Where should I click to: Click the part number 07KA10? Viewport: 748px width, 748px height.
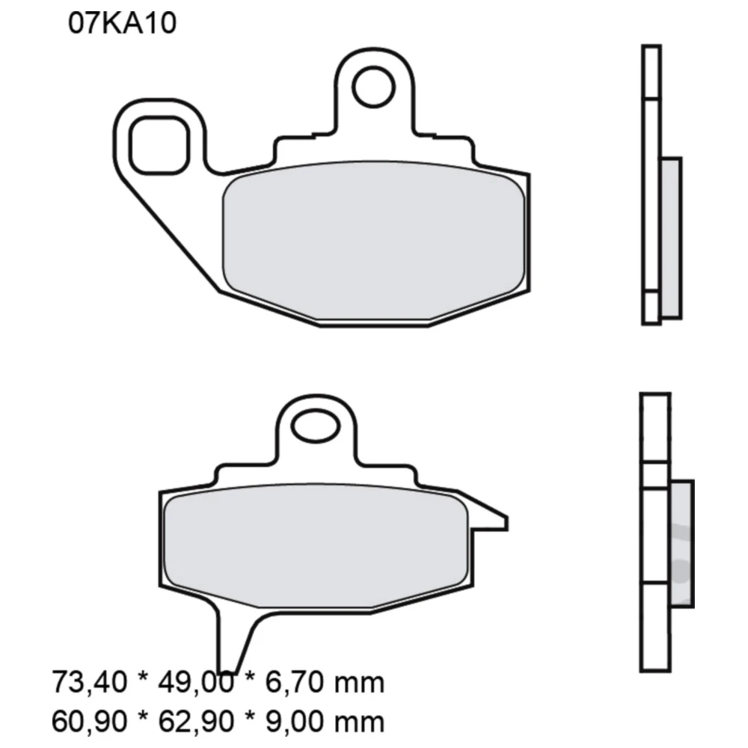click(x=122, y=23)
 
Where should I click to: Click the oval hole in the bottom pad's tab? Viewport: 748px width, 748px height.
click(x=316, y=429)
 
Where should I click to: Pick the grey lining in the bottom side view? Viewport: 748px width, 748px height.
click(x=682, y=542)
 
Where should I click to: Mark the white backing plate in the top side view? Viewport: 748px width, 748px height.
click(x=651, y=187)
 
